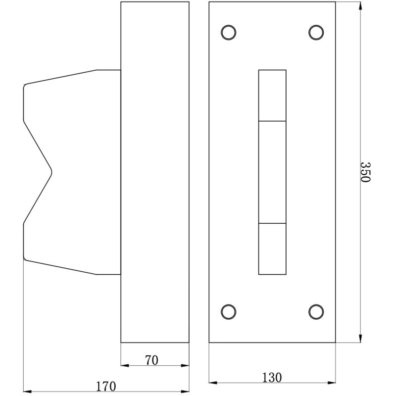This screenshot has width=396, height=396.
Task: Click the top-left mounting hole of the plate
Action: [x=228, y=32]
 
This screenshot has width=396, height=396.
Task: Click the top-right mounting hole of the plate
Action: [x=316, y=32]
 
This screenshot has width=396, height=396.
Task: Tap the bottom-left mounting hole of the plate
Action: [x=228, y=311]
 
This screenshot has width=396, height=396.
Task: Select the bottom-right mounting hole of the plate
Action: [x=316, y=311]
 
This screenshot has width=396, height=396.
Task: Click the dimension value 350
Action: [x=365, y=172]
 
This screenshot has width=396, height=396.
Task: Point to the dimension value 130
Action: [x=272, y=377]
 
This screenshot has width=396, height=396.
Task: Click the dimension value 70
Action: [x=152, y=360]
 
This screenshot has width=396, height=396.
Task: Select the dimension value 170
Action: [x=106, y=385]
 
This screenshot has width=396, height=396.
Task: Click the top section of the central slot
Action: [x=272, y=96]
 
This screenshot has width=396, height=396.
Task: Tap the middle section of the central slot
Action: [x=272, y=172]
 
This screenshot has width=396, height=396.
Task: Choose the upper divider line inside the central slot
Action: [x=272, y=121]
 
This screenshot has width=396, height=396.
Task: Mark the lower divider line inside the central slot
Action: [x=272, y=223]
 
